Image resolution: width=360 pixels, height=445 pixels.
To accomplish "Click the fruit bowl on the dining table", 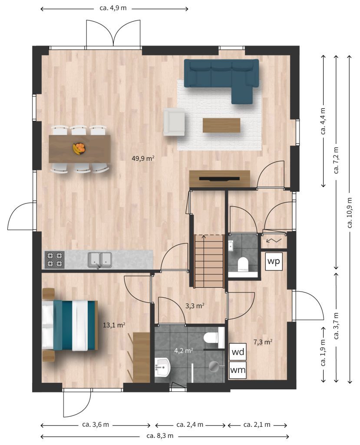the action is pyautogui.click(x=79, y=149).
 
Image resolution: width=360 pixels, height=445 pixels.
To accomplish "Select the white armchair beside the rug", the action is pyautogui.click(x=174, y=122).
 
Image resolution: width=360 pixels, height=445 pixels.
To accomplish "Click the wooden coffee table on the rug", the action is pyautogui.click(x=221, y=125).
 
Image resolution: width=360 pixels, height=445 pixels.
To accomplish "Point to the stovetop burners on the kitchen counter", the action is pyautogui.click(x=54, y=260).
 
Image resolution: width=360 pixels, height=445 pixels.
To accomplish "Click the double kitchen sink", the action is pyautogui.click(x=99, y=260).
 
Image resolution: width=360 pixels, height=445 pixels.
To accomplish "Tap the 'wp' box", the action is pyautogui.click(x=274, y=261).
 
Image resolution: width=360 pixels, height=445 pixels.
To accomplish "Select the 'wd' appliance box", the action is pyautogui.click(x=238, y=352).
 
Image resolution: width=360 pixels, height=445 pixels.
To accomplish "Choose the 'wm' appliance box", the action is pyautogui.click(x=238, y=370).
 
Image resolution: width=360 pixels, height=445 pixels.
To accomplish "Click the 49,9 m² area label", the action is pyautogui.click(x=143, y=158).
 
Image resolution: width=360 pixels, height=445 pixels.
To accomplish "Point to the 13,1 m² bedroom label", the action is pyautogui.click(x=114, y=325).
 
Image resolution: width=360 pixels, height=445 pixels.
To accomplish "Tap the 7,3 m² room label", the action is pyautogui.click(x=263, y=342).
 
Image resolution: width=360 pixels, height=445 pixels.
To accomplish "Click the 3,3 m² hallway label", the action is pyautogui.click(x=195, y=306).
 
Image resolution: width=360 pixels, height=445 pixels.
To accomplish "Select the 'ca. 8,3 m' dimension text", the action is pyautogui.click(x=160, y=435).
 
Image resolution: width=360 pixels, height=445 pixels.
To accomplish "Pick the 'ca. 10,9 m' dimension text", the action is pyautogui.click(x=350, y=213).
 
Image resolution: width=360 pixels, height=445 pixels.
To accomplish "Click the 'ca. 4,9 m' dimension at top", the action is pyautogui.click(x=113, y=8).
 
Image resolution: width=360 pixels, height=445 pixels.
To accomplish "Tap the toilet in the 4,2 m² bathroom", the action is pyautogui.click(x=214, y=337).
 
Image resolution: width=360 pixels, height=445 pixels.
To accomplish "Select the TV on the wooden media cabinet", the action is pyautogui.click(x=219, y=179).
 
